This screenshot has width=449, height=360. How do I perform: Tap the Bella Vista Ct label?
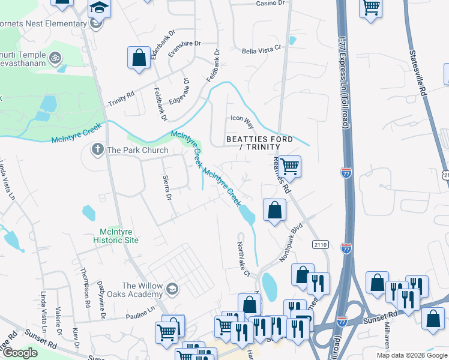pyautogui.click(x=261, y=52)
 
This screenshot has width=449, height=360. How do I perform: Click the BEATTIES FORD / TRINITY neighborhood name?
pyautogui.click(x=259, y=143)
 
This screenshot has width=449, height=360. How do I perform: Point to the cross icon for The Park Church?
pyautogui.click(x=97, y=149)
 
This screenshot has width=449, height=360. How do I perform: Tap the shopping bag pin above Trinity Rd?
pyautogui.click(x=139, y=58)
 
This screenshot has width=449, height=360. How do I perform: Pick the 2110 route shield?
pyautogui.click(x=319, y=244)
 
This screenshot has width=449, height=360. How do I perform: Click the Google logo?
pyautogui.click(x=20, y=353)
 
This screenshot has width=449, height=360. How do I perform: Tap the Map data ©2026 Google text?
pyautogui.click(x=411, y=355)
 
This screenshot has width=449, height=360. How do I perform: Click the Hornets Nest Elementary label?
pyautogui.click(x=43, y=23)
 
